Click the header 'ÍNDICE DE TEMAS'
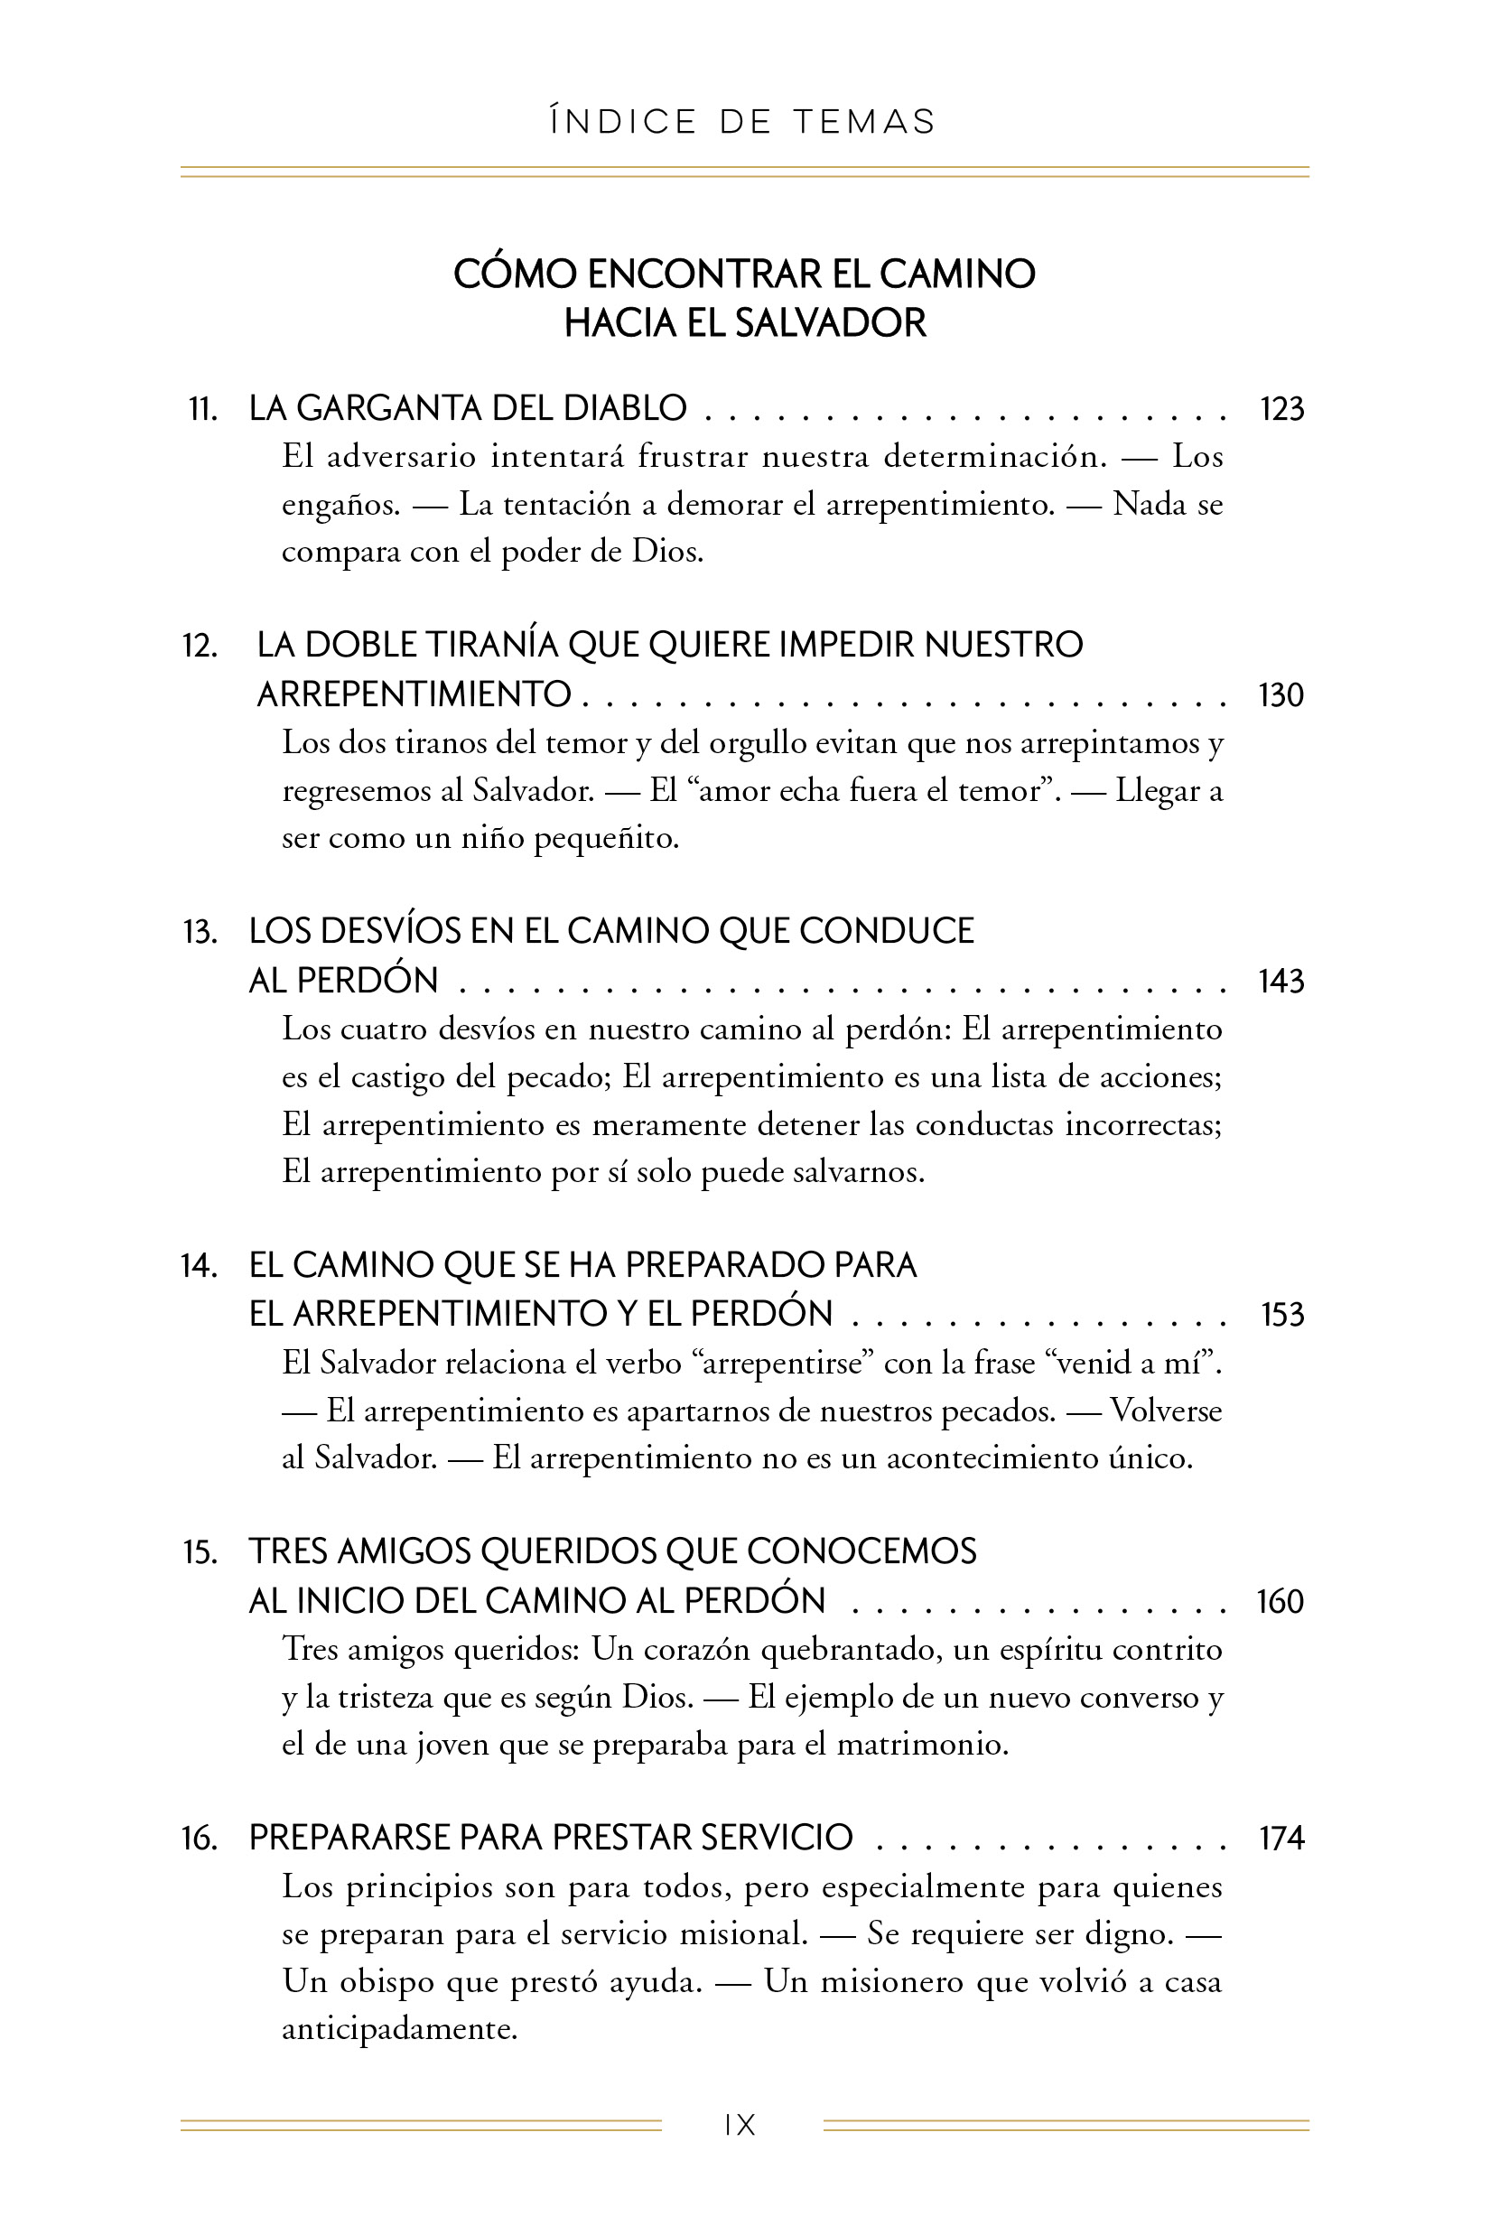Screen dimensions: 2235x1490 click(x=743, y=123)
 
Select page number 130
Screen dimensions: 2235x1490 click(x=1280, y=694)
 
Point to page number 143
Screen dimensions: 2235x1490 click(x=1280, y=981)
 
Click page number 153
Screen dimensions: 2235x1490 click(x=1282, y=1314)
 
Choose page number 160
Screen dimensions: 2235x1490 click(x=1279, y=1601)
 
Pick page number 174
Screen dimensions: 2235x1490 click(x=1280, y=1839)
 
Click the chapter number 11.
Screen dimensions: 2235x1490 click(x=202, y=410)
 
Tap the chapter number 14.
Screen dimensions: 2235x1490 click(x=199, y=1266)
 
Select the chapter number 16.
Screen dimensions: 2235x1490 click(x=200, y=1839)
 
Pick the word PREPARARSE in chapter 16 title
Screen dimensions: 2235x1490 click(x=348, y=1839)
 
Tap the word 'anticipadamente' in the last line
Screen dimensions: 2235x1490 click(x=399, y=2030)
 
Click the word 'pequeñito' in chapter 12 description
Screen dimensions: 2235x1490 click(x=605, y=839)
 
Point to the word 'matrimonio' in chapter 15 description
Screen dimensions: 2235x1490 click(x=921, y=1745)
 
